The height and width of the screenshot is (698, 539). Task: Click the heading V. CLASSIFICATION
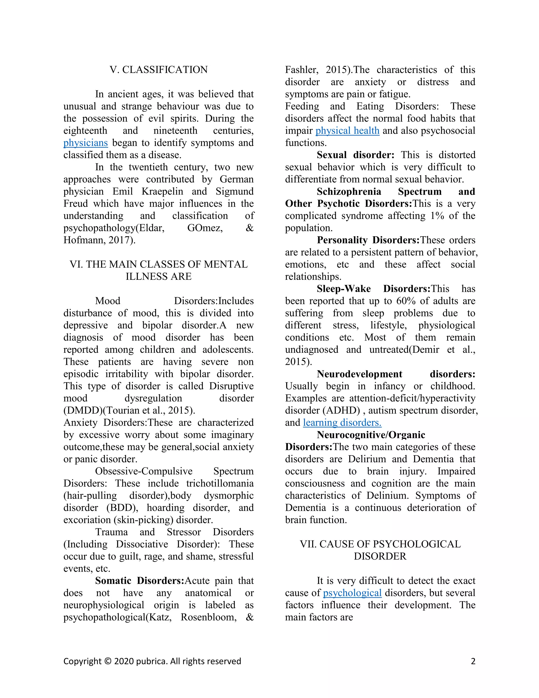tap(158, 70)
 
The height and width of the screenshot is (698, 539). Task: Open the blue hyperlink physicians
tap(86, 143)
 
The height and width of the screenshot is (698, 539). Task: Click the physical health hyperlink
tap(347, 131)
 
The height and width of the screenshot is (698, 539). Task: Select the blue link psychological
tap(352, 593)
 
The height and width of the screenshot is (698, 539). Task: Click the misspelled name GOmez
tap(205, 228)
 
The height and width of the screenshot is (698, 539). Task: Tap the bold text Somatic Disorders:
tap(140, 581)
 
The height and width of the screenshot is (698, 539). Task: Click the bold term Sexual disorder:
tap(355, 155)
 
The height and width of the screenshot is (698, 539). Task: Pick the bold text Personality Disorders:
tap(368, 240)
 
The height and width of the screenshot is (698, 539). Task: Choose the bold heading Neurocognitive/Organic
tap(371, 435)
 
